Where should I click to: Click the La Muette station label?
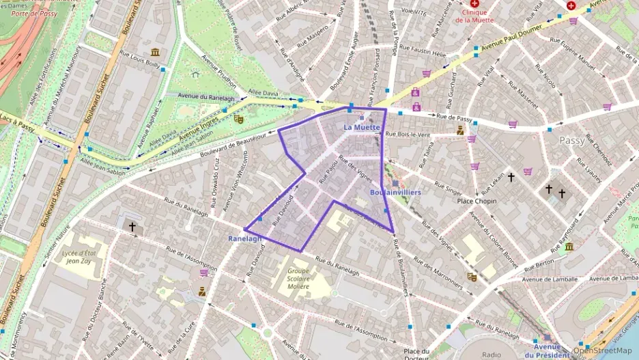[x=361, y=127]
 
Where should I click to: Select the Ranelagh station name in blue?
[x=244, y=238]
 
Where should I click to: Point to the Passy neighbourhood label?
[x=572, y=140]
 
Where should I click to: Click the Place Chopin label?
[x=477, y=202]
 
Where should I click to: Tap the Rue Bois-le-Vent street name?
[x=408, y=135]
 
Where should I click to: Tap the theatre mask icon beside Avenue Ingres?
[x=238, y=118]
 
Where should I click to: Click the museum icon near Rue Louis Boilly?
[x=155, y=53]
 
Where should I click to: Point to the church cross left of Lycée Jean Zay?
[x=132, y=225]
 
